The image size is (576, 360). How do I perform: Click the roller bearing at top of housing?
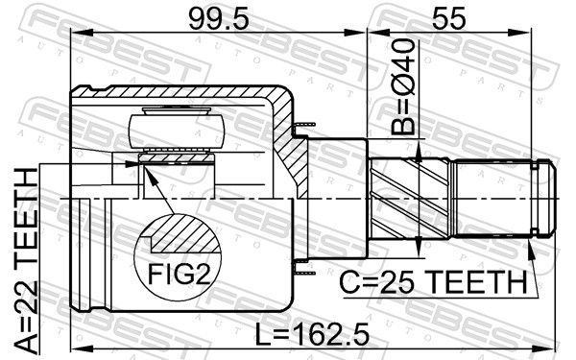pyautogui.click(x=177, y=129)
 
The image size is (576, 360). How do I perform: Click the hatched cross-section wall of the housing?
pyautogui.click(x=285, y=144)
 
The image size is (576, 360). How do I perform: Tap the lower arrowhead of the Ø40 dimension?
pyautogui.click(x=418, y=251)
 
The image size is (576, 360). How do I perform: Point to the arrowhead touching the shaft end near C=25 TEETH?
pyautogui.click(x=534, y=247)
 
